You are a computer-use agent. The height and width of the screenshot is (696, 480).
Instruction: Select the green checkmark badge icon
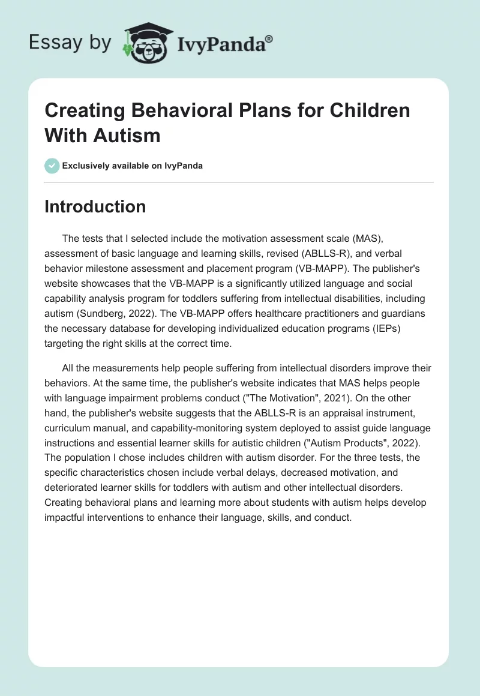click(x=52, y=166)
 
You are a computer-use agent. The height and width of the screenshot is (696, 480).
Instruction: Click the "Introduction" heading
click(x=95, y=206)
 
